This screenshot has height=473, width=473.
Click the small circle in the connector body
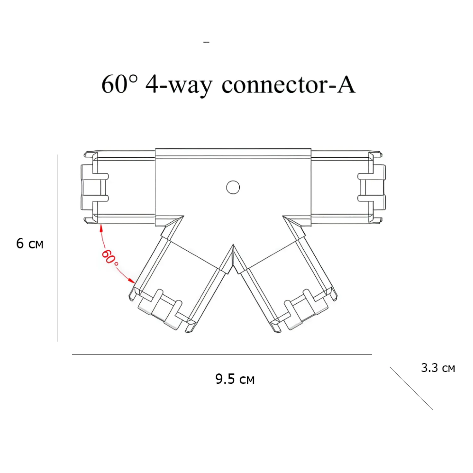[x=233, y=187]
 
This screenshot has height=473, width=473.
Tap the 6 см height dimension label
[x=30, y=244]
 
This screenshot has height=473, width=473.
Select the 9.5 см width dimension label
[x=235, y=379]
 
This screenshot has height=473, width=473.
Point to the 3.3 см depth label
[x=438, y=368]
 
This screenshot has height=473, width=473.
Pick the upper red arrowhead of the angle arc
[x=101, y=227]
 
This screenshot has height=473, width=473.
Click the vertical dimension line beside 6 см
[x=57, y=248]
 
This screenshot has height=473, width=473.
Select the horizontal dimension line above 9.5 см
[x=222, y=355]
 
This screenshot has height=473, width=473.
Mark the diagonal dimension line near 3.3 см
[x=411, y=388]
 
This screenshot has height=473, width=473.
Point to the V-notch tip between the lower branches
[x=233, y=245]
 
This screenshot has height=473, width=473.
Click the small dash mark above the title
[x=207, y=42]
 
